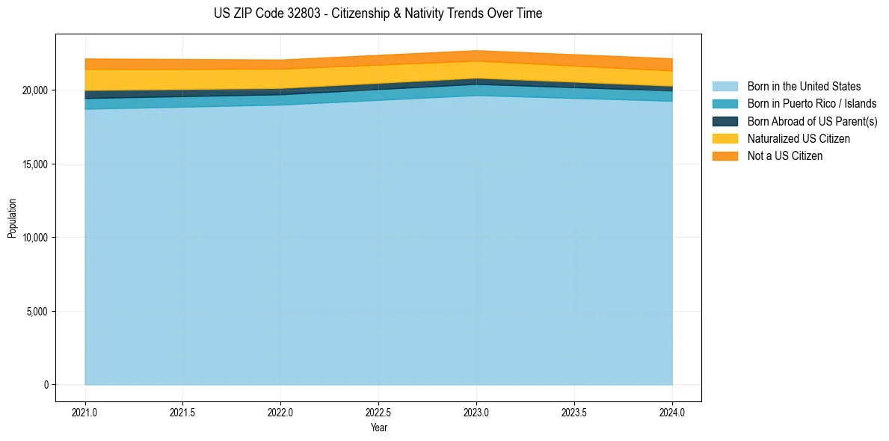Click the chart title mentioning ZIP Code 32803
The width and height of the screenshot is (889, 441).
tap(378, 13)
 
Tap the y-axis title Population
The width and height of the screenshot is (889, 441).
tap(12, 218)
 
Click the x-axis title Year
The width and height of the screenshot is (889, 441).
tap(378, 428)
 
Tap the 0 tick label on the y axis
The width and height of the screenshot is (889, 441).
tap(46, 385)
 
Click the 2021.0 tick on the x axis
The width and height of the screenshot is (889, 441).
tap(85, 412)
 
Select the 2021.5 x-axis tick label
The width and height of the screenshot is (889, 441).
tap(183, 412)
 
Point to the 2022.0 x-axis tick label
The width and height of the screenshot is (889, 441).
tap(281, 412)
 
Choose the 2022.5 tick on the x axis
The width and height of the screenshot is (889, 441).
tap(378, 412)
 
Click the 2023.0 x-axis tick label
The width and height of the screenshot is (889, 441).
tap(476, 412)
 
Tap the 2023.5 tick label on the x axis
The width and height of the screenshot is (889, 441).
tap(574, 412)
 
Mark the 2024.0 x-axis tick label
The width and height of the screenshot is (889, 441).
tap(672, 412)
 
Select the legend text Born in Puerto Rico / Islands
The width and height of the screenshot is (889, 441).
tap(812, 104)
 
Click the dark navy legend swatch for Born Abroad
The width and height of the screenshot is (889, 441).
tap(725, 121)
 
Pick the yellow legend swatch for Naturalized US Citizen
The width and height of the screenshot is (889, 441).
tap(725, 138)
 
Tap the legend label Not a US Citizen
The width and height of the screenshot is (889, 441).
tap(785, 156)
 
